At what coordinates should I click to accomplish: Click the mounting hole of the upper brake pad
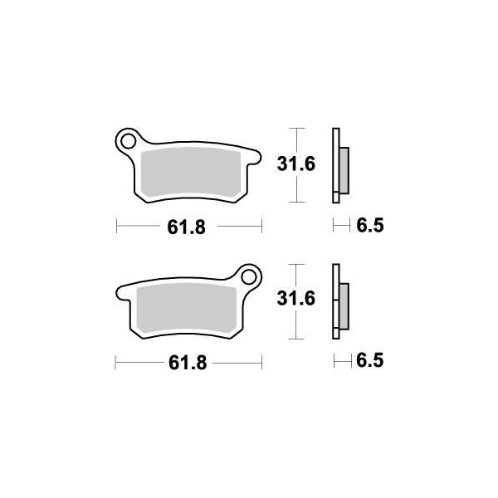129,141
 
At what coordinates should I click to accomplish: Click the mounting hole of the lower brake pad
249,277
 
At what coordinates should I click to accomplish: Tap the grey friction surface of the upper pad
191,172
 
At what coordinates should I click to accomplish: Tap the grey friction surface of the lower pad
187,308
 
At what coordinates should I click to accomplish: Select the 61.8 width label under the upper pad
187,227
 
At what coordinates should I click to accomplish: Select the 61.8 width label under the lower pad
188,363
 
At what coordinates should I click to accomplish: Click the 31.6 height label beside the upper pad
296,164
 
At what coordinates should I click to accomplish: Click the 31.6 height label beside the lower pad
296,299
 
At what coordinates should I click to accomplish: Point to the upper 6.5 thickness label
370,226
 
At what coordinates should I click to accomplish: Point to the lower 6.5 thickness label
370,361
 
